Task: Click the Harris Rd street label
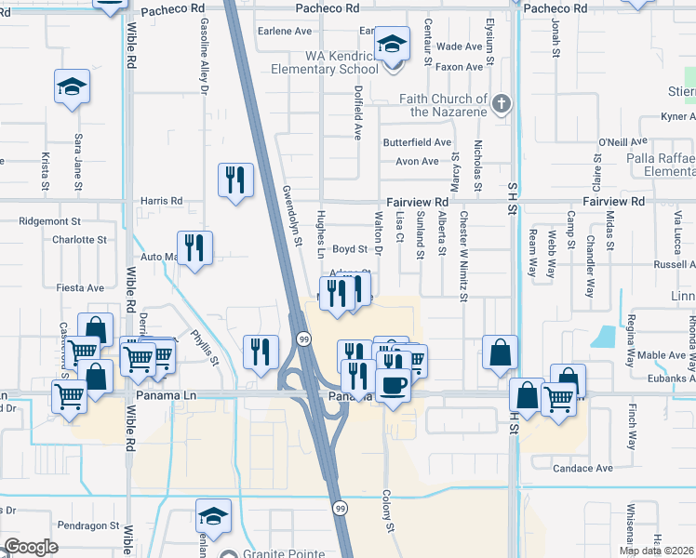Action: pyautogui.click(x=161, y=201)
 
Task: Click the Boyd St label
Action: pyautogui.click(x=351, y=249)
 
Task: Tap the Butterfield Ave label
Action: pyautogui.click(x=417, y=143)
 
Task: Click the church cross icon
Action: pyautogui.click(x=502, y=103)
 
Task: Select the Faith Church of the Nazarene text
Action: pyautogui.click(x=444, y=105)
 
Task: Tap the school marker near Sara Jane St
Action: pyautogui.click(x=72, y=86)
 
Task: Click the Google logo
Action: pyautogui.click(x=31, y=547)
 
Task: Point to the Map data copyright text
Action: pyautogui.click(x=656, y=551)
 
